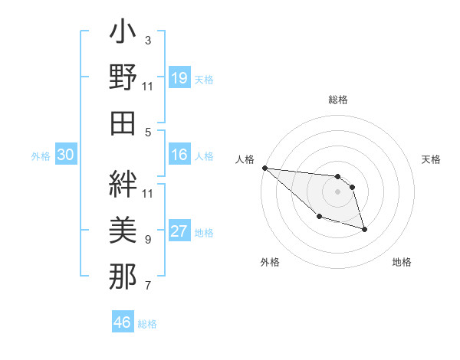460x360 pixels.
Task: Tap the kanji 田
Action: point(123,123)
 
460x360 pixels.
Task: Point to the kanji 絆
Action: point(123,183)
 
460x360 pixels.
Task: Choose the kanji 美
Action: point(123,229)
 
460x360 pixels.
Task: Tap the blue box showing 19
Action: point(179,78)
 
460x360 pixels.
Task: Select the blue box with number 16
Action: point(179,155)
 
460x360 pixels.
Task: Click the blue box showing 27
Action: point(179,232)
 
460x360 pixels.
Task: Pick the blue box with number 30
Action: point(66,155)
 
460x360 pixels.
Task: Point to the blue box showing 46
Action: point(123,322)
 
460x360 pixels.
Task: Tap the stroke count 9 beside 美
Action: point(148,240)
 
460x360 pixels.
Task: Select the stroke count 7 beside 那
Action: point(148,286)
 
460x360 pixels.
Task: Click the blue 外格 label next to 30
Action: point(41,156)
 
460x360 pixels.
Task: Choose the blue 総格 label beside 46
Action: point(147,324)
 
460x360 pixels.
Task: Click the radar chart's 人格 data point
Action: point(264,168)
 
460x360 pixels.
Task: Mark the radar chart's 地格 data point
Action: point(364,228)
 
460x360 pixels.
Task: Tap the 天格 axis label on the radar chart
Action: point(432,159)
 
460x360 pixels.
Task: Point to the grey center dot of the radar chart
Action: point(337,191)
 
